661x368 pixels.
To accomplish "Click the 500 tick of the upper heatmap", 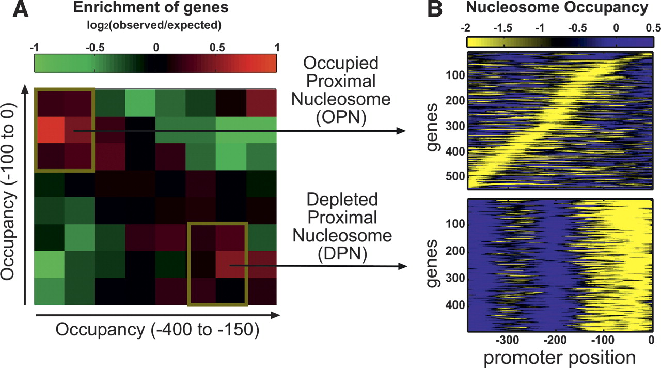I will click(456, 177).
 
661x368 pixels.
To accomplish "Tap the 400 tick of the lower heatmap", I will click(456, 305).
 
